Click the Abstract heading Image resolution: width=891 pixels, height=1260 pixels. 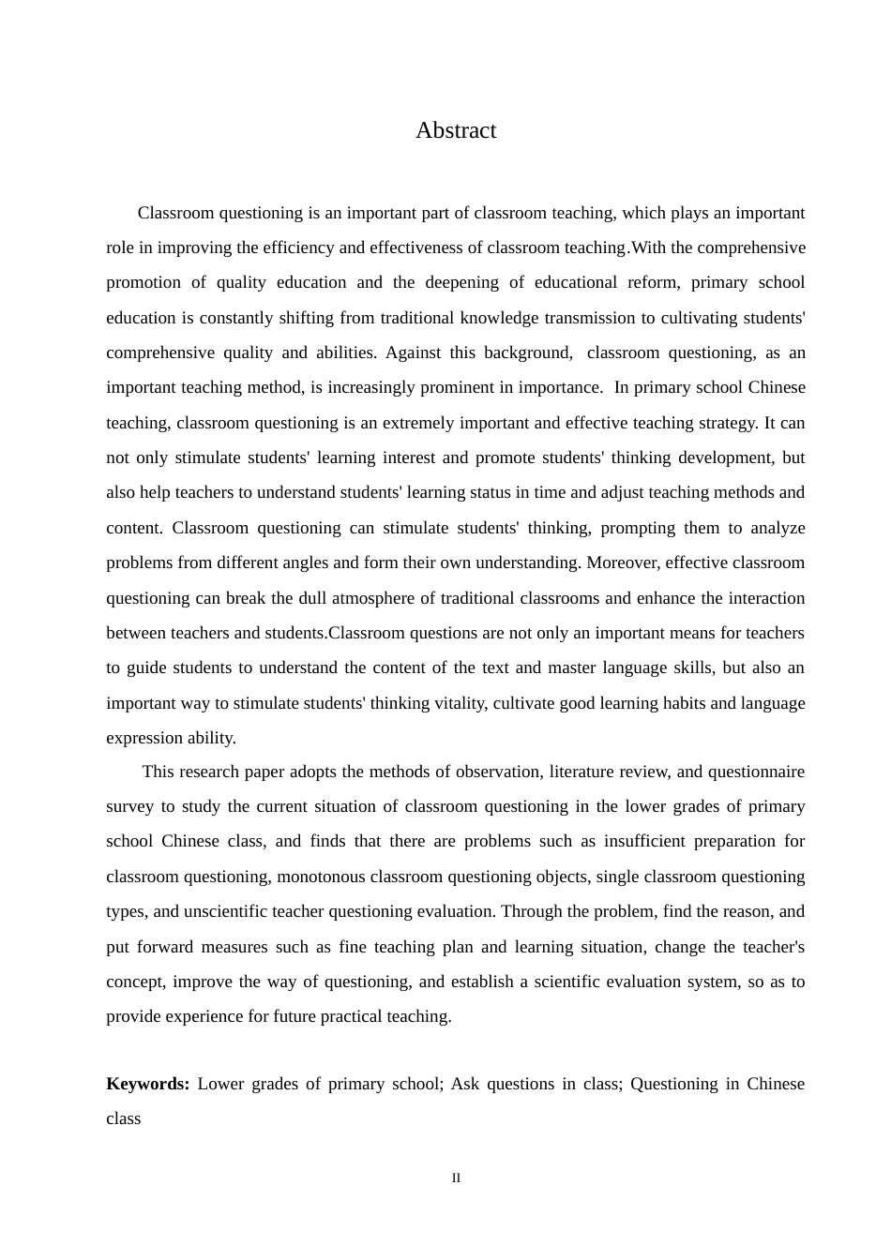(x=456, y=130)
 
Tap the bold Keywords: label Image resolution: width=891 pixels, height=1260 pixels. (x=148, y=1084)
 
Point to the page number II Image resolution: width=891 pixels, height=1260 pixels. (x=456, y=1178)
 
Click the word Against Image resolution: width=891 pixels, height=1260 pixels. (x=414, y=352)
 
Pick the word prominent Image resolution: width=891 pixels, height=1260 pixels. (x=454, y=387)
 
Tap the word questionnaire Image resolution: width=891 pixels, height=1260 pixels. (x=756, y=772)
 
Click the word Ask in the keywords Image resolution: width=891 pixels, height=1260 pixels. (x=465, y=1084)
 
